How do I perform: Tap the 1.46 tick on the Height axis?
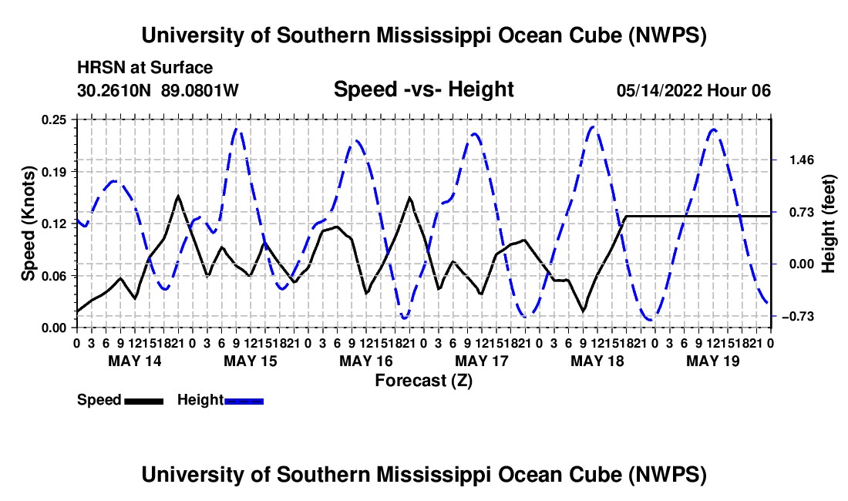[x=802, y=160]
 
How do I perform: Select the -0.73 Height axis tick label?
[x=798, y=316]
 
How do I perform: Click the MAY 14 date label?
[x=135, y=361]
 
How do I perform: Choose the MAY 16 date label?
[x=366, y=361]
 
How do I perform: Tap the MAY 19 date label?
[x=713, y=361]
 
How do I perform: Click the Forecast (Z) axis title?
[x=424, y=381]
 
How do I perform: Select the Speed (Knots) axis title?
[x=28, y=224]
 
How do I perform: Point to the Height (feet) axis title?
[x=828, y=224]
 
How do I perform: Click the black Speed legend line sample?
[x=144, y=401]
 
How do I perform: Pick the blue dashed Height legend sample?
[x=244, y=401]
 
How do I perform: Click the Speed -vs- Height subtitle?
[x=423, y=89]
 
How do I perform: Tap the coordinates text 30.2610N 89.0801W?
[x=157, y=90]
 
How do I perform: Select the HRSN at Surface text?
[x=145, y=68]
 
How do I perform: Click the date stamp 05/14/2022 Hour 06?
[x=693, y=90]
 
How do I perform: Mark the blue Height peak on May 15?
[x=237, y=129]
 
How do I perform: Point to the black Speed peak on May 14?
[x=178, y=196]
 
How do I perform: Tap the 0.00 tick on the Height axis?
[x=802, y=264]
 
